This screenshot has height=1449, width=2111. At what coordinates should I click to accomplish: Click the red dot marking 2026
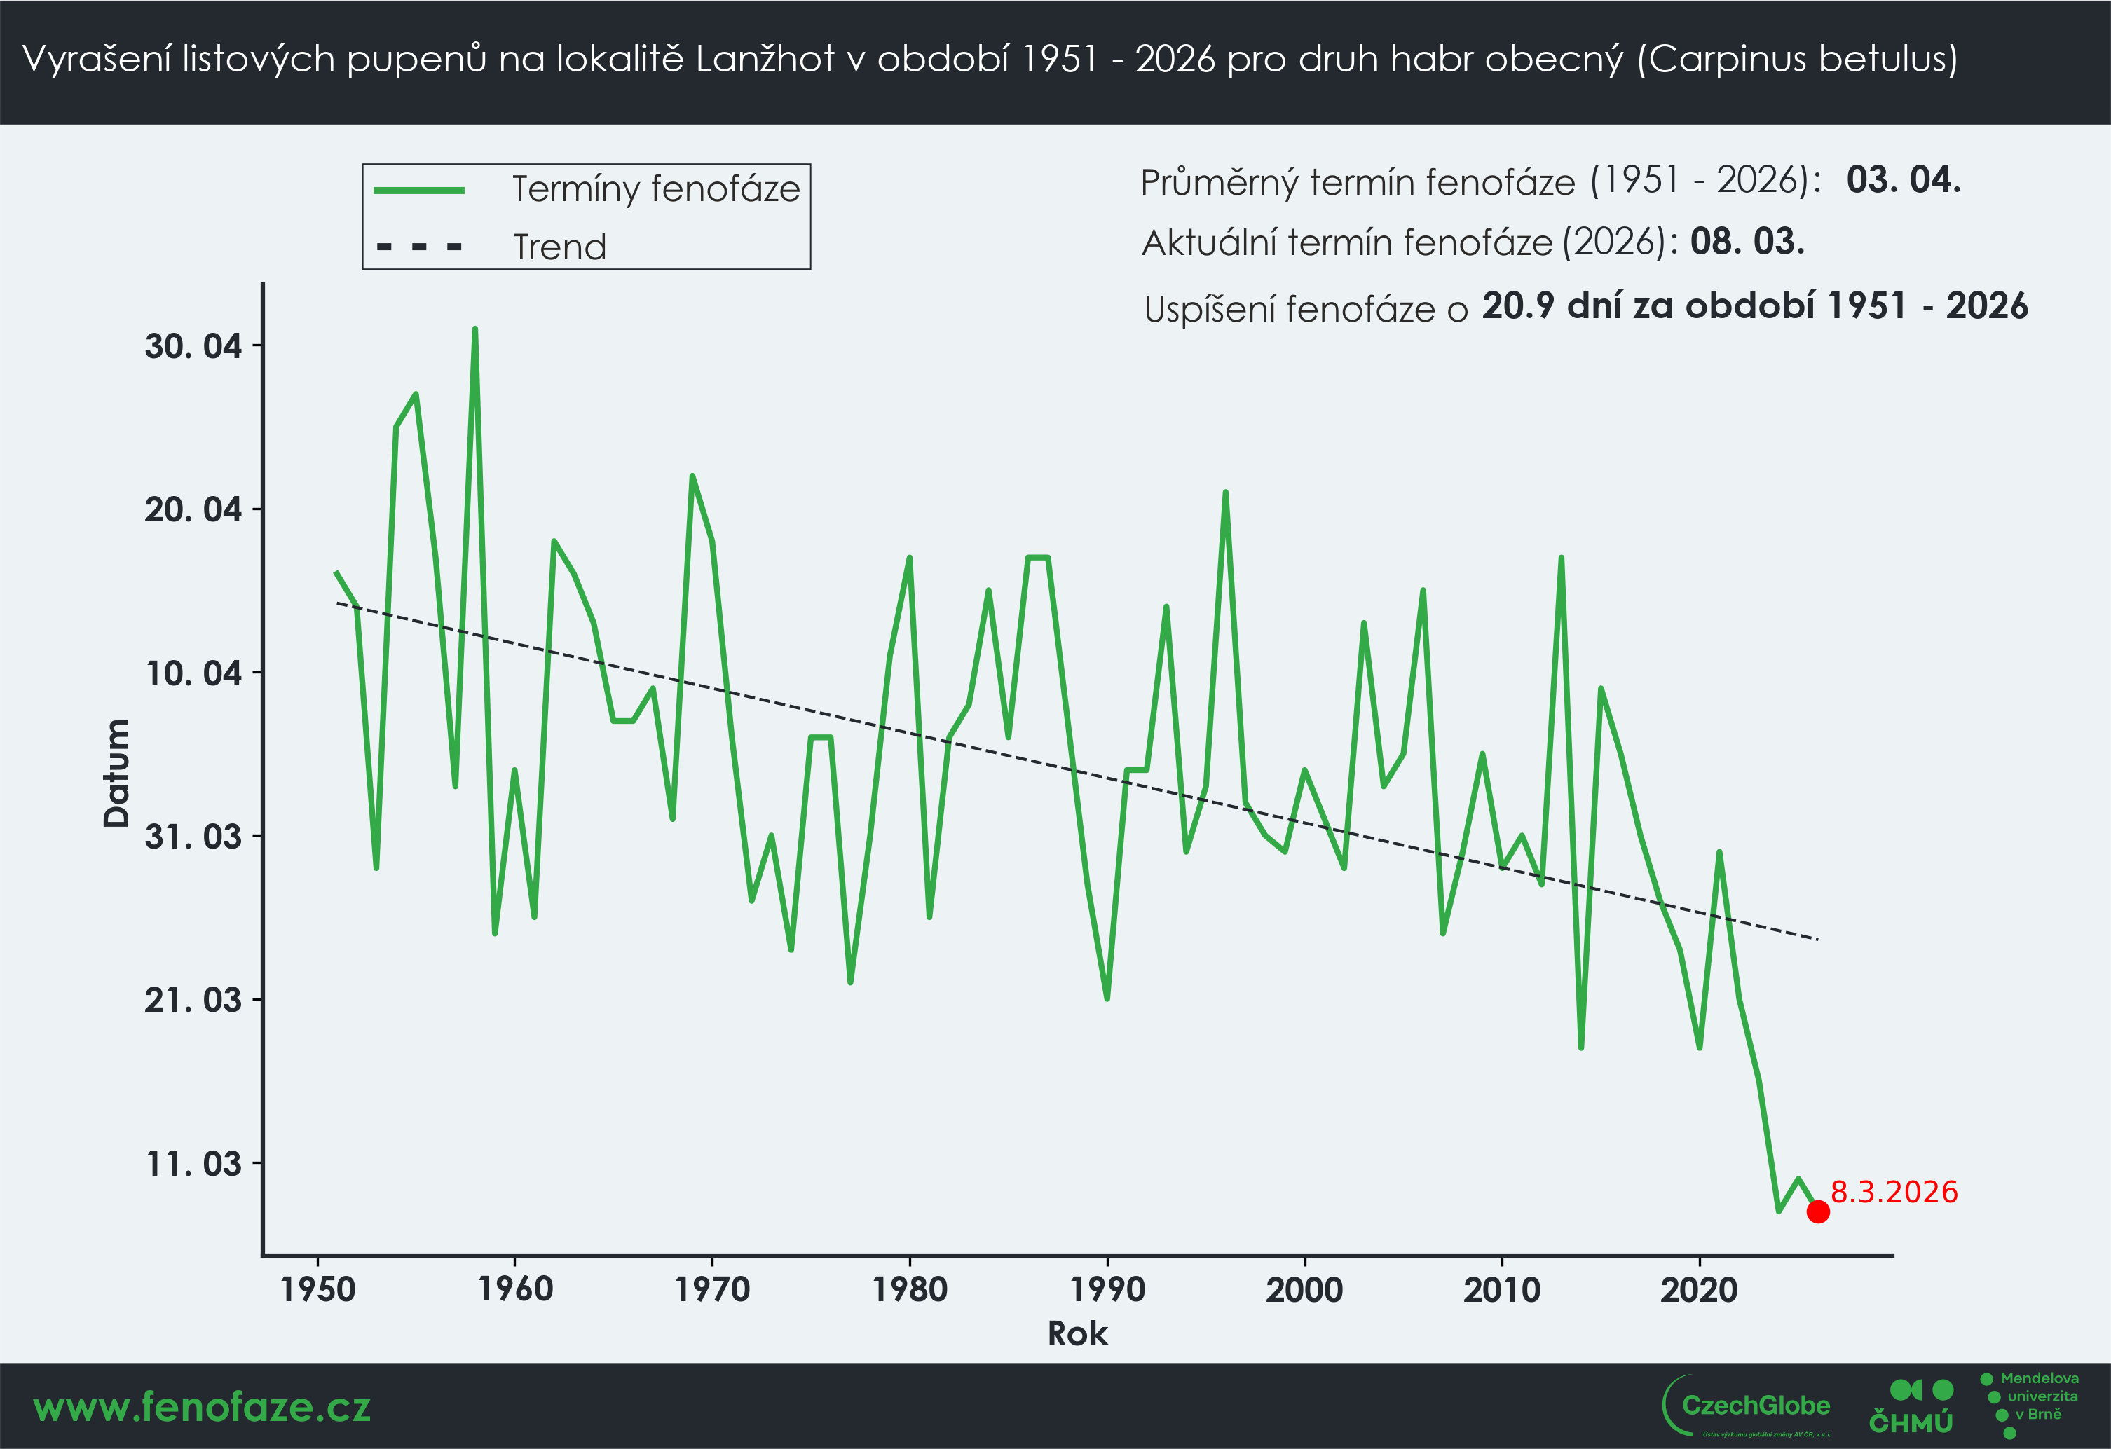(x=1817, y=1211)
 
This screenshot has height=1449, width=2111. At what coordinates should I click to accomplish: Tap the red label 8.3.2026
(x=1894, y=1192)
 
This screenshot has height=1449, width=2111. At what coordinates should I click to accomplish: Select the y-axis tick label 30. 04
(x=193, y=346)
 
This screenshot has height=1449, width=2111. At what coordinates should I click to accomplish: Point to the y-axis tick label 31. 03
(x=193, y=836)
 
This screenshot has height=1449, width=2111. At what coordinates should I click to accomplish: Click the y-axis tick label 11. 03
(x=193, y=1163)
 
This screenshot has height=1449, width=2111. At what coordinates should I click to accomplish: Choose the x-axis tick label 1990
(x=1107, y=1289)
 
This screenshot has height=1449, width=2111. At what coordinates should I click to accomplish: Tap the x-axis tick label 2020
(x=1700, y=1289)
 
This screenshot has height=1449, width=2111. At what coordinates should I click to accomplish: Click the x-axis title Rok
(x=1077, y=1333)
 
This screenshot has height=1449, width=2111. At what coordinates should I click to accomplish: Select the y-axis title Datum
(x=116, y=773)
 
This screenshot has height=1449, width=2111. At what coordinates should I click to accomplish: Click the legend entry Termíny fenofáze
(x=656, y=189)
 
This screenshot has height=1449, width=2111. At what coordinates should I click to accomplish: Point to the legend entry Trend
(x=559, y=247)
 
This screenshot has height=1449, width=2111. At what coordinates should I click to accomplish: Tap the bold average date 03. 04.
(x=1903, y=180)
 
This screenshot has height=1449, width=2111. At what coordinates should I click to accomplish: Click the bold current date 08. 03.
(x=1747, y=242)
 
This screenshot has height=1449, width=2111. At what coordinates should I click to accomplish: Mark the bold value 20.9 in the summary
(x=1516, y=306)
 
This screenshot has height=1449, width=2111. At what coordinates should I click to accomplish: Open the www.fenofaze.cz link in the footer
(x=202, y=1407)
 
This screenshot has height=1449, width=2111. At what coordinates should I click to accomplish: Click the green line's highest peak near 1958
(x=475, y=329)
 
